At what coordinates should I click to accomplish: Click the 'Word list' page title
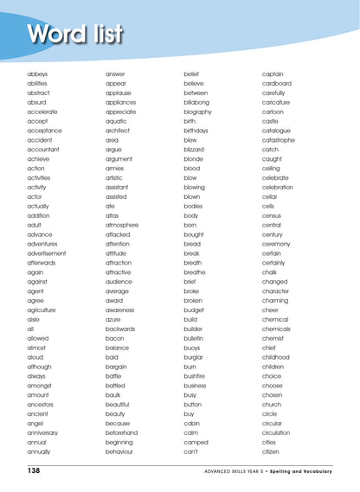(75, 34)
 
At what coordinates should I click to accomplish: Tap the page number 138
(34, 470)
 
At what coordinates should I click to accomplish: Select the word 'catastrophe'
(281, 140)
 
